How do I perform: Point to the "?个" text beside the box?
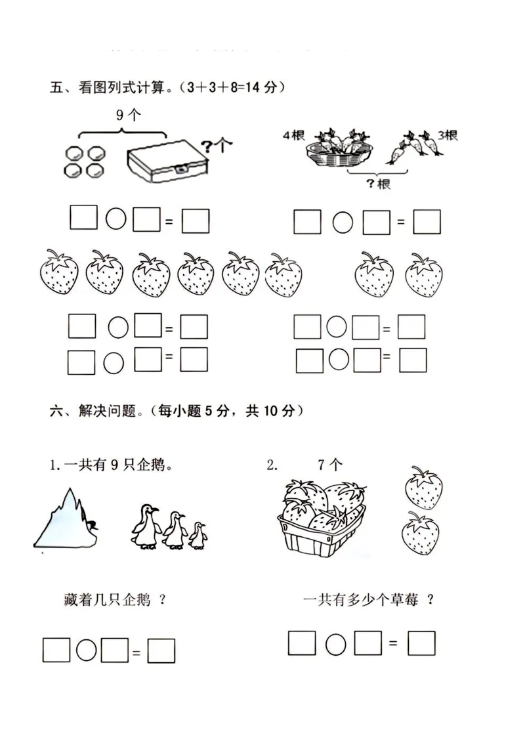[x=217, y=145]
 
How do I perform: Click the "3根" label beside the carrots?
[x=448, y=135]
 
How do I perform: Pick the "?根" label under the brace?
[x=377, y=183]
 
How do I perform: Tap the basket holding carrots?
[x=339, y=151]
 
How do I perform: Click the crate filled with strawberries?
[x=322, y=519]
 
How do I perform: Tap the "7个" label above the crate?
[x=329, y=465]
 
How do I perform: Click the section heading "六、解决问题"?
[x=95, y=412]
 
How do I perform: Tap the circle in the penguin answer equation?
[x=86, y=650]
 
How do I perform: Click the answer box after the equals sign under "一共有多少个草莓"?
[x=421, y=643]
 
